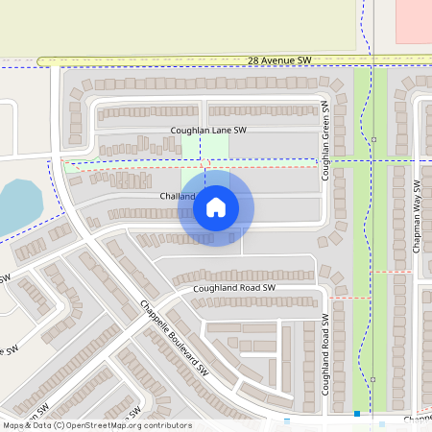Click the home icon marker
[216, 207]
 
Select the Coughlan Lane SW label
[208, 130]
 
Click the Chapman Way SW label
[417, 216]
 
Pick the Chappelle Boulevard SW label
[174, 337]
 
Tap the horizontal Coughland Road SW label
[234, 288]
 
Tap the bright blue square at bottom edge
[357, 414]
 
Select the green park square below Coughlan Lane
[205, 147]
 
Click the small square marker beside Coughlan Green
[373, 139]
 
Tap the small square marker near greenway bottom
[373, 379]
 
